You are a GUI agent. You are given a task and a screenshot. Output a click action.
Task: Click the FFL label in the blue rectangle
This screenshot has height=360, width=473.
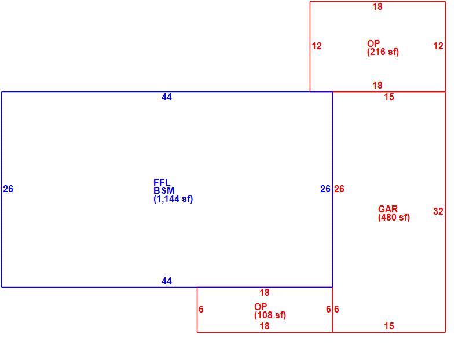pos(162,182)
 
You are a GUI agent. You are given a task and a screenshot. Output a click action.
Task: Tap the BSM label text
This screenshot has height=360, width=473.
pos(164,190)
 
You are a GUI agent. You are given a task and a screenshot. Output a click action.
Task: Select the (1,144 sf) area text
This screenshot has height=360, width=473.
pos(173,199)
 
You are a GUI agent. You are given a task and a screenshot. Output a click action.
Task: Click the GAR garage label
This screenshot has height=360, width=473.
pos(388,209)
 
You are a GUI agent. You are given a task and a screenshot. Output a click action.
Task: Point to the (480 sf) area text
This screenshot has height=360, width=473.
pos(394,218)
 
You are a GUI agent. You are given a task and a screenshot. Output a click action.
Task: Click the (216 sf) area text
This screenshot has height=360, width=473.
pos(383,52)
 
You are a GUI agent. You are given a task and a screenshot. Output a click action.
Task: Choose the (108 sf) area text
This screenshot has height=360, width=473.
pos(270,315)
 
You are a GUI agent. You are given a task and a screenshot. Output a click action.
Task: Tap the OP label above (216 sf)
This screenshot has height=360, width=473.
pos(373,43)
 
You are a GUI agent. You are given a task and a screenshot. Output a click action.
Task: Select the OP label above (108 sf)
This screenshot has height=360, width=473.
pos(261,307)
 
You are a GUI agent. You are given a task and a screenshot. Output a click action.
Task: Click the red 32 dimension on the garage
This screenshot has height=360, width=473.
pos(438,211)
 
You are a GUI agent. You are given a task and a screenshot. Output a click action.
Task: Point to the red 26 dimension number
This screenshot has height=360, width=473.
pos(339,189)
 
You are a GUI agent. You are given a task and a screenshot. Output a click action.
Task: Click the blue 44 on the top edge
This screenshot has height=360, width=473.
pos(167,97)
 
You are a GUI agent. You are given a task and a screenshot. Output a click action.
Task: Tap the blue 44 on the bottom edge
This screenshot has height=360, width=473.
pos(167,281)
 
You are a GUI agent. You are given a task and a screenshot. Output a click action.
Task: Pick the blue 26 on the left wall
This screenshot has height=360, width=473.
pos(8,189)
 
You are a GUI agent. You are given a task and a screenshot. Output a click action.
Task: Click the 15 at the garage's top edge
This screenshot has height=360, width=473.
pos(389,97)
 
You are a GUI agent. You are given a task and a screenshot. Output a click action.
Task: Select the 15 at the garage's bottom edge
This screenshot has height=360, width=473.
pos(389,326)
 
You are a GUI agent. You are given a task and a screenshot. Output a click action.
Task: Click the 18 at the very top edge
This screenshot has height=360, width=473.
pos(377,6)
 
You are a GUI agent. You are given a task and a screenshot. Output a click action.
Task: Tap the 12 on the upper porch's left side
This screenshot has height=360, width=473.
pos(317,46)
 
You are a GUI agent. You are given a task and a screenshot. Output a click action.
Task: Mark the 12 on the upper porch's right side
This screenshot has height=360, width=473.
pos(438,46)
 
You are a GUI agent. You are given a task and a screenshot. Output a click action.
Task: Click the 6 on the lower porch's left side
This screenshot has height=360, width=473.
pos(201,309)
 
